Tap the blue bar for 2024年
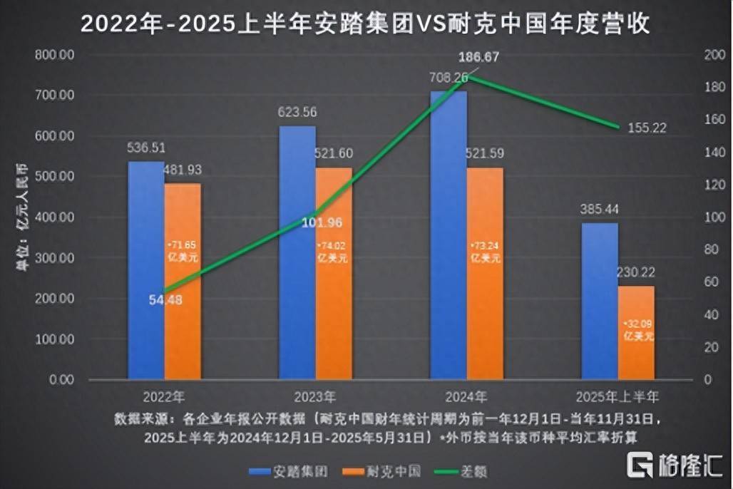point(448,235)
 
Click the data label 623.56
point(298,112)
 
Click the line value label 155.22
point(647,128)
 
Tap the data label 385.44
point(599,210)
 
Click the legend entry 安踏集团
point(284,470)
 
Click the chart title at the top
point(365,24)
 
